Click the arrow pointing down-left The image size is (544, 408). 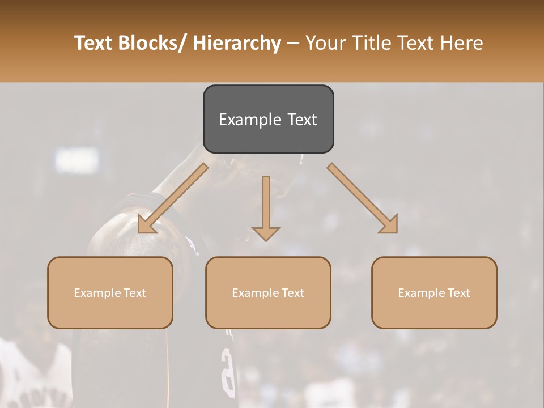pyautogui.click(x=172, y=199)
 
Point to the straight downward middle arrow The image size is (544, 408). pyautogui.click(x=266, y=204)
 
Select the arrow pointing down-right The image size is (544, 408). pyautogui.click(x=363, y=198)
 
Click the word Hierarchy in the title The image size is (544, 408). pyautogui.click(x=237, y=44)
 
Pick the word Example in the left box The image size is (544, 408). pyautogui.click(x=97, y=293)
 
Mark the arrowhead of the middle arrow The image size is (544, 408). pyautogui.click(x=266, y=233)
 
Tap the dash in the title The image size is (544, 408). pyautogui.click(x=293, y=44)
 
